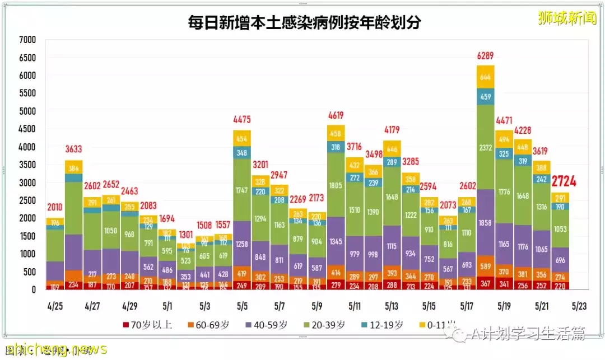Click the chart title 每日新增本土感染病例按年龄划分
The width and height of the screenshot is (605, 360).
click(304, 23)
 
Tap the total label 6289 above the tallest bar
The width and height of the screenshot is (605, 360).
click(486, 57)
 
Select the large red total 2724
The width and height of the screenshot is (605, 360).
click(564, 181)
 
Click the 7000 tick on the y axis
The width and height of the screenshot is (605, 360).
click(27, 40)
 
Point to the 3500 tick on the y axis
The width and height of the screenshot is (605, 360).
click(27, 165)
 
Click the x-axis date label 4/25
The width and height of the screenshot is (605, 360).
click(54, 307)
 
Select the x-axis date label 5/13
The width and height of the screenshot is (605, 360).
click(392, 307)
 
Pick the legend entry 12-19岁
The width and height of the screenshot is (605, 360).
click(386, 325)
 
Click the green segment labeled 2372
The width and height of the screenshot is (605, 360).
click(486, 147)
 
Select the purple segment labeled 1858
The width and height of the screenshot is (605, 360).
click(486, 223)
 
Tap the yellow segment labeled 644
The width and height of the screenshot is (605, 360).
click(486, 77)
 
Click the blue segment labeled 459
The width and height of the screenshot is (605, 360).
click(486, 96)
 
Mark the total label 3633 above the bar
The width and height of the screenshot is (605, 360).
click(73, 149)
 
